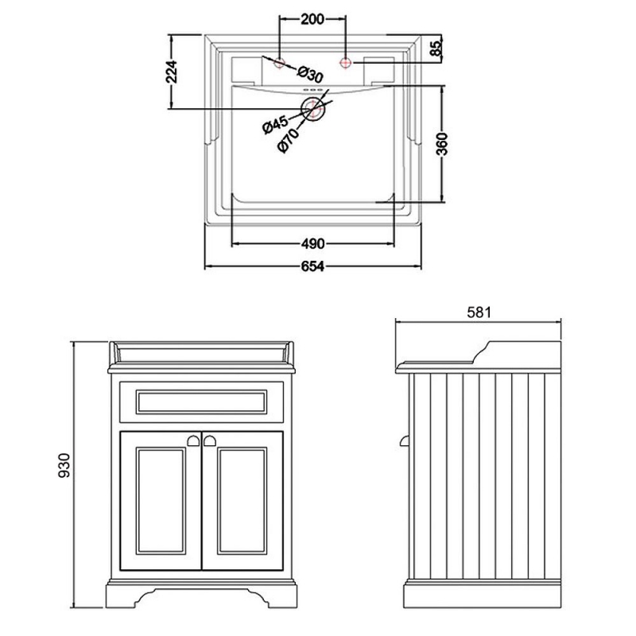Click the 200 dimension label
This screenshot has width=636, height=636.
pyautogui.click(x=312, y=19)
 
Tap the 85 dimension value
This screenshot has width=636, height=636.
pyautogui.click(x=436, y=48)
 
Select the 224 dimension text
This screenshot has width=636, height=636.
pyautogui.click(x=172, y=72)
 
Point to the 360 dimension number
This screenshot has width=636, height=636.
pyautogui.click(x=442, y=144)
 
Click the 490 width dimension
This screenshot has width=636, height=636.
pyautogui.click(x=312, y=243)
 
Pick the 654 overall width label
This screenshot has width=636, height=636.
pyautogui.click(x=312, y=266)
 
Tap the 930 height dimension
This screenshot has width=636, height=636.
pyautogui.click(x=64, y=465)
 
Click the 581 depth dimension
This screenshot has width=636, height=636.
pyautogui.click(x=479, y=312)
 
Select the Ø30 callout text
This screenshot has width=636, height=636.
pyautogui.click(x=310, y=74)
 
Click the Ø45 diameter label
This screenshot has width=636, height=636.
pyautogui.click(x=275, y=124)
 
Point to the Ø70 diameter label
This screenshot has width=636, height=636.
pyautogui.click(x=288, y=141)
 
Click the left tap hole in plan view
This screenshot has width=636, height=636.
pyautogui.click(x=280, y=63)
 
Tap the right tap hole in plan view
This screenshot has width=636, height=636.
pyautogui.click(x=345, y=63)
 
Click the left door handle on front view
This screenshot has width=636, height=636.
pyautogui.click(x=193, y=440)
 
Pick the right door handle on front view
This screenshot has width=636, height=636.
pyautogui.click(x=210, y=440)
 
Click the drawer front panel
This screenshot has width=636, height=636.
pyautogui.click(x=202, y=401)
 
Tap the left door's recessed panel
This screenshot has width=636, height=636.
pyautogui.click(x=161, y=501)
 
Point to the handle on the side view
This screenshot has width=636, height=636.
pyautogui.click(x=405, y=440)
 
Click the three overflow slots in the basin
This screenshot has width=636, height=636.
pyautogui.click(x=312, y=90)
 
